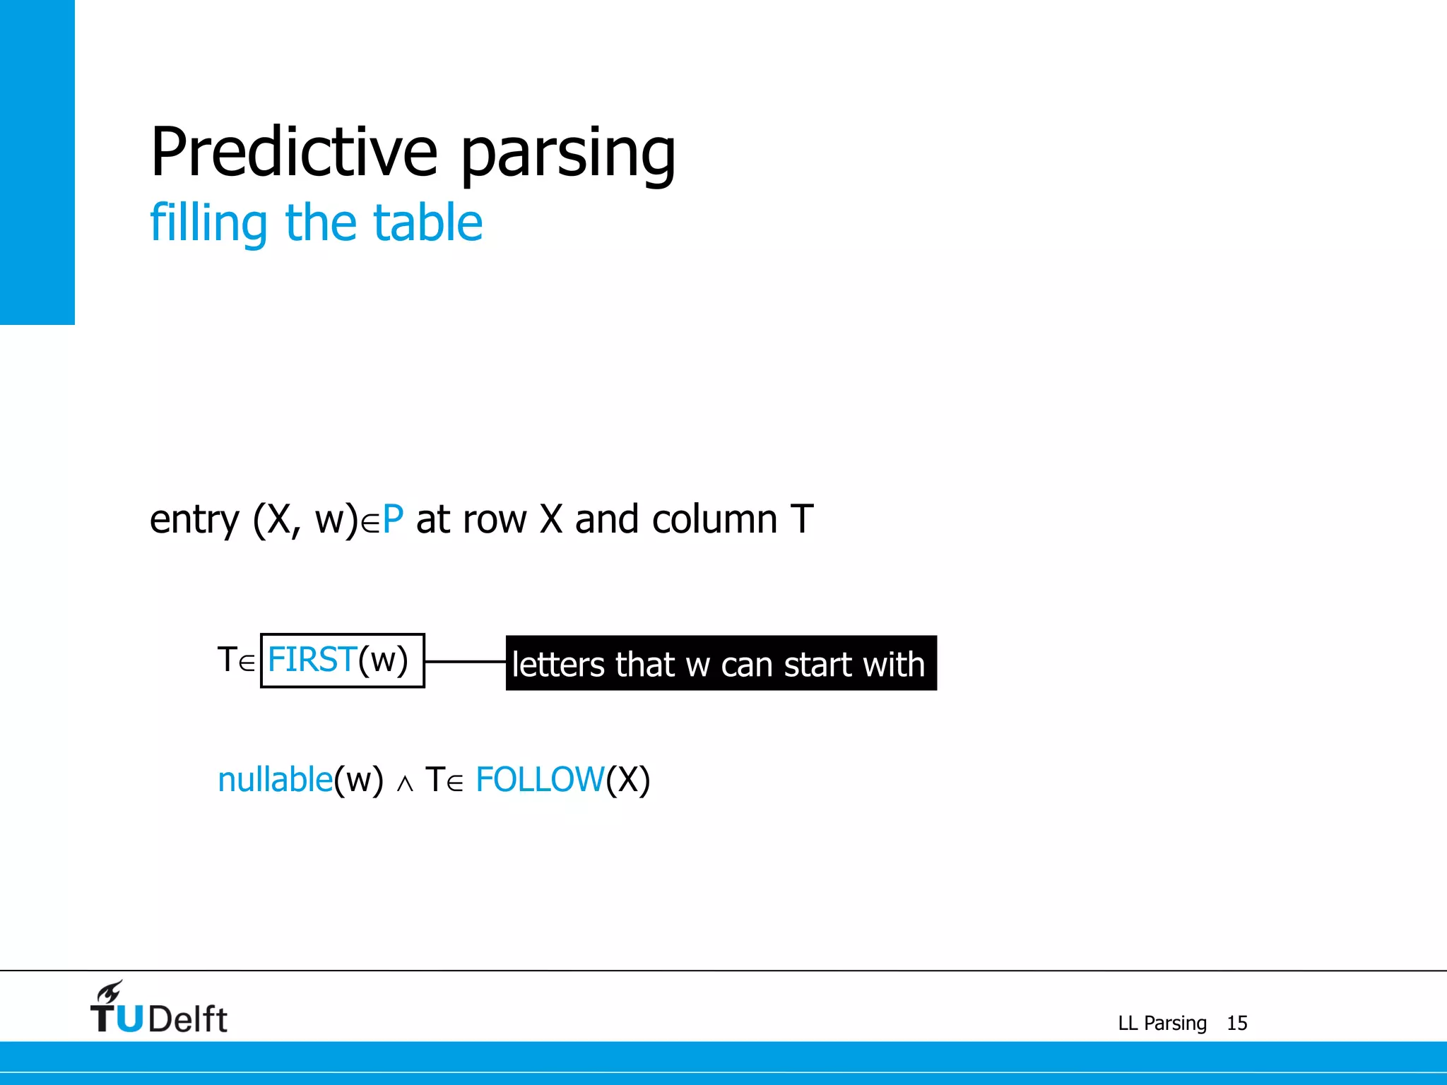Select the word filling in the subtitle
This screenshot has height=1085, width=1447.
(x=208, y=223)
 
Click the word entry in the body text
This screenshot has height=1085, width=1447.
(x=194, y=520)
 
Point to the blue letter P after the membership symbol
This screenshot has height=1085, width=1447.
(x=393, y=520)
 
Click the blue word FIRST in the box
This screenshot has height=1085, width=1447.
(x=312, y=660)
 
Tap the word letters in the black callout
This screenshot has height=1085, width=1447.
(x=558, y=665)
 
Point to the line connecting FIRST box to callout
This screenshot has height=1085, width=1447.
(x=465, y=662)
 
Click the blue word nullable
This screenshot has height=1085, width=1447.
(x=276, y=781)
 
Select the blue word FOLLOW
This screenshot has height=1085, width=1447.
(x=540, y=781)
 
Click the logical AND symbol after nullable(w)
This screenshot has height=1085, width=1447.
(x=405, y=784)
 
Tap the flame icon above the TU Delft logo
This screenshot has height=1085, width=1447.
(x=110, y=991)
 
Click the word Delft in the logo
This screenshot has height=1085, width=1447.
(x=188, y=1019)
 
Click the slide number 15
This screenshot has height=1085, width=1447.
(x=1236, y=1023)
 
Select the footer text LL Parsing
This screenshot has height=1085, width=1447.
(x=1162, y=1023)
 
